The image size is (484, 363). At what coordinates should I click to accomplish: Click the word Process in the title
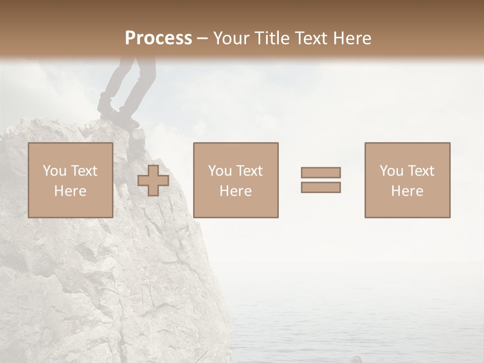(158, 38)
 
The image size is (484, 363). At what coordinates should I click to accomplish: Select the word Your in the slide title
(230, 38)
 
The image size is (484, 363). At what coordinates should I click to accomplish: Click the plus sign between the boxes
(153, 180)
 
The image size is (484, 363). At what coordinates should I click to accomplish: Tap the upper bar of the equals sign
(321, 172)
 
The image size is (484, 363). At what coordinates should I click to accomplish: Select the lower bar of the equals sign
(321, 188)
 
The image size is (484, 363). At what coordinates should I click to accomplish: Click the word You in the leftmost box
(54, 171)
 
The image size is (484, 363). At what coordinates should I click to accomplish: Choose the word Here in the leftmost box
(70, 191)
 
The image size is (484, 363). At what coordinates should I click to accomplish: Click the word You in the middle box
(220, 171)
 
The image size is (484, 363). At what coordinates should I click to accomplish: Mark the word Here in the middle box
(235, 191)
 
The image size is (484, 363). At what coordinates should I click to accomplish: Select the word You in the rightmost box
(391, 171)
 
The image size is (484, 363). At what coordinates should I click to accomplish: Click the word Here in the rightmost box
(407, 191)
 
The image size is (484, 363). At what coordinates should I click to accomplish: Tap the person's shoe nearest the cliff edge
(129, 122)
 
